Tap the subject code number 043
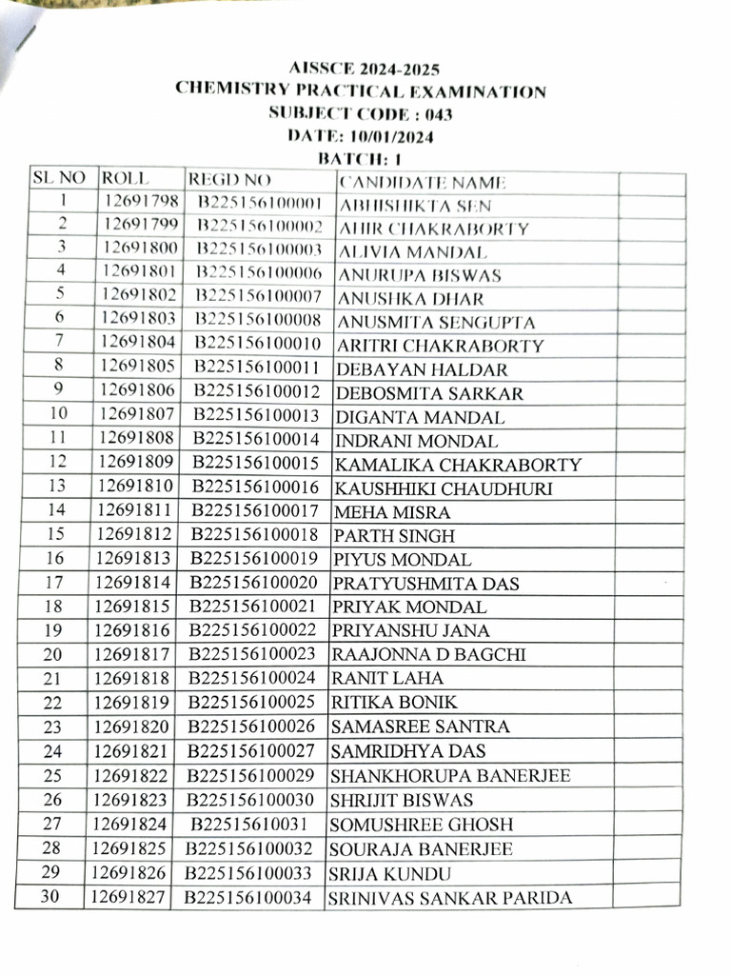point(438,114)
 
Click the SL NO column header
point(59,178)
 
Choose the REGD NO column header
point(229,180)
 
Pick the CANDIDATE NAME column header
point(423,183)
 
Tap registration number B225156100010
point(258,344)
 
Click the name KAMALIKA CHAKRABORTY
point(457,466)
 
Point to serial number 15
point(54,534)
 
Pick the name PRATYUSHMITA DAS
point(425,584)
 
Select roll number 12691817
point(132,654)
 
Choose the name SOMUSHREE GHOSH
point(421,825)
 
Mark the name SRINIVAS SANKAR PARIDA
point(449,898)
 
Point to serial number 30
point(49,896)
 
